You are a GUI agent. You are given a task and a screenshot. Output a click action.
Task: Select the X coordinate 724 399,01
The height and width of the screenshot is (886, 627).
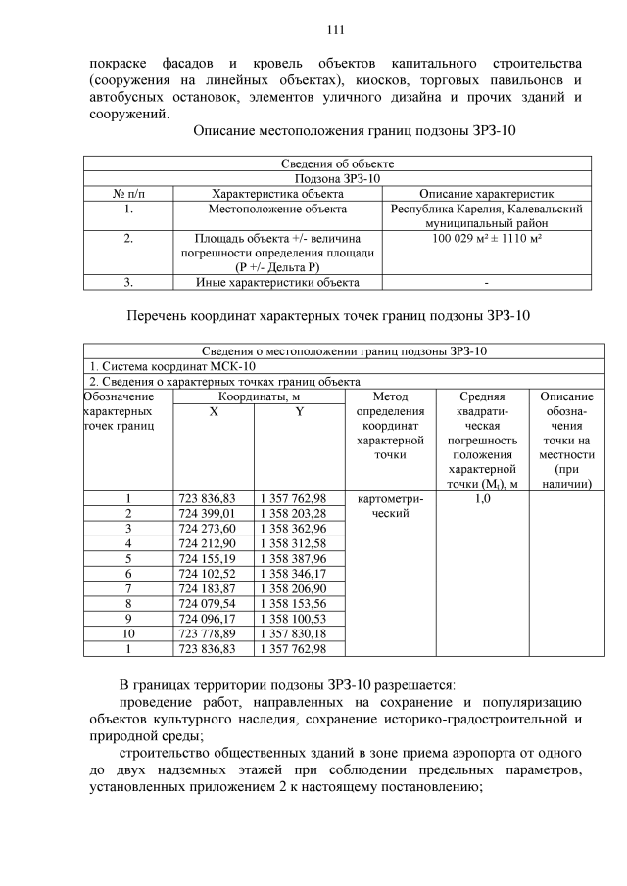click(213, 513)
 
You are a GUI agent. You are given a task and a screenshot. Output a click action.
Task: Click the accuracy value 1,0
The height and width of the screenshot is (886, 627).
click(482, 498)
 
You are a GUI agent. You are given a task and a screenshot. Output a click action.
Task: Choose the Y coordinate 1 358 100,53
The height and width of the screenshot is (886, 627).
click(293, 619)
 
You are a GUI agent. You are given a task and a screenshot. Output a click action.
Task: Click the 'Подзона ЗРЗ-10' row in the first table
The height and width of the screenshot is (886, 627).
click(337, 179)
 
